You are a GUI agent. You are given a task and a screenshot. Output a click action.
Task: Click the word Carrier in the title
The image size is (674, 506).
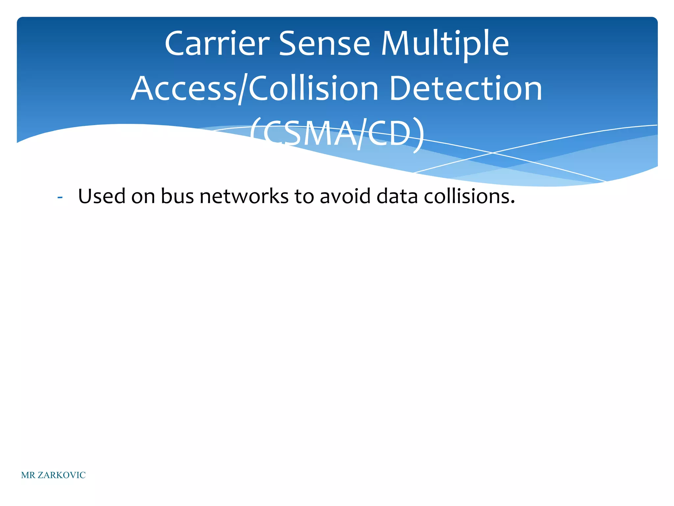click(x=217, y=44)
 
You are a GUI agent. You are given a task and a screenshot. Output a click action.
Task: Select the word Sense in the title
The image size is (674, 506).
click(x=324, y=44)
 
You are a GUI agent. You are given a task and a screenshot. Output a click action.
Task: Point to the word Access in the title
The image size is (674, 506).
click(x=184, y=89)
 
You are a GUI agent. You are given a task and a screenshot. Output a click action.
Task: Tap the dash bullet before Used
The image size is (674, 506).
click(x=60, y=197)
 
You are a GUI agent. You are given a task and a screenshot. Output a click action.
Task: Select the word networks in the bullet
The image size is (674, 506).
click(x=244, y=196)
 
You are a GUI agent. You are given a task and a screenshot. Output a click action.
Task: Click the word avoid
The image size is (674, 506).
click(x=345, y=196)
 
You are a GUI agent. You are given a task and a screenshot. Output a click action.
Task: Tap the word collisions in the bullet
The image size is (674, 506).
click(x=469, y=196)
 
